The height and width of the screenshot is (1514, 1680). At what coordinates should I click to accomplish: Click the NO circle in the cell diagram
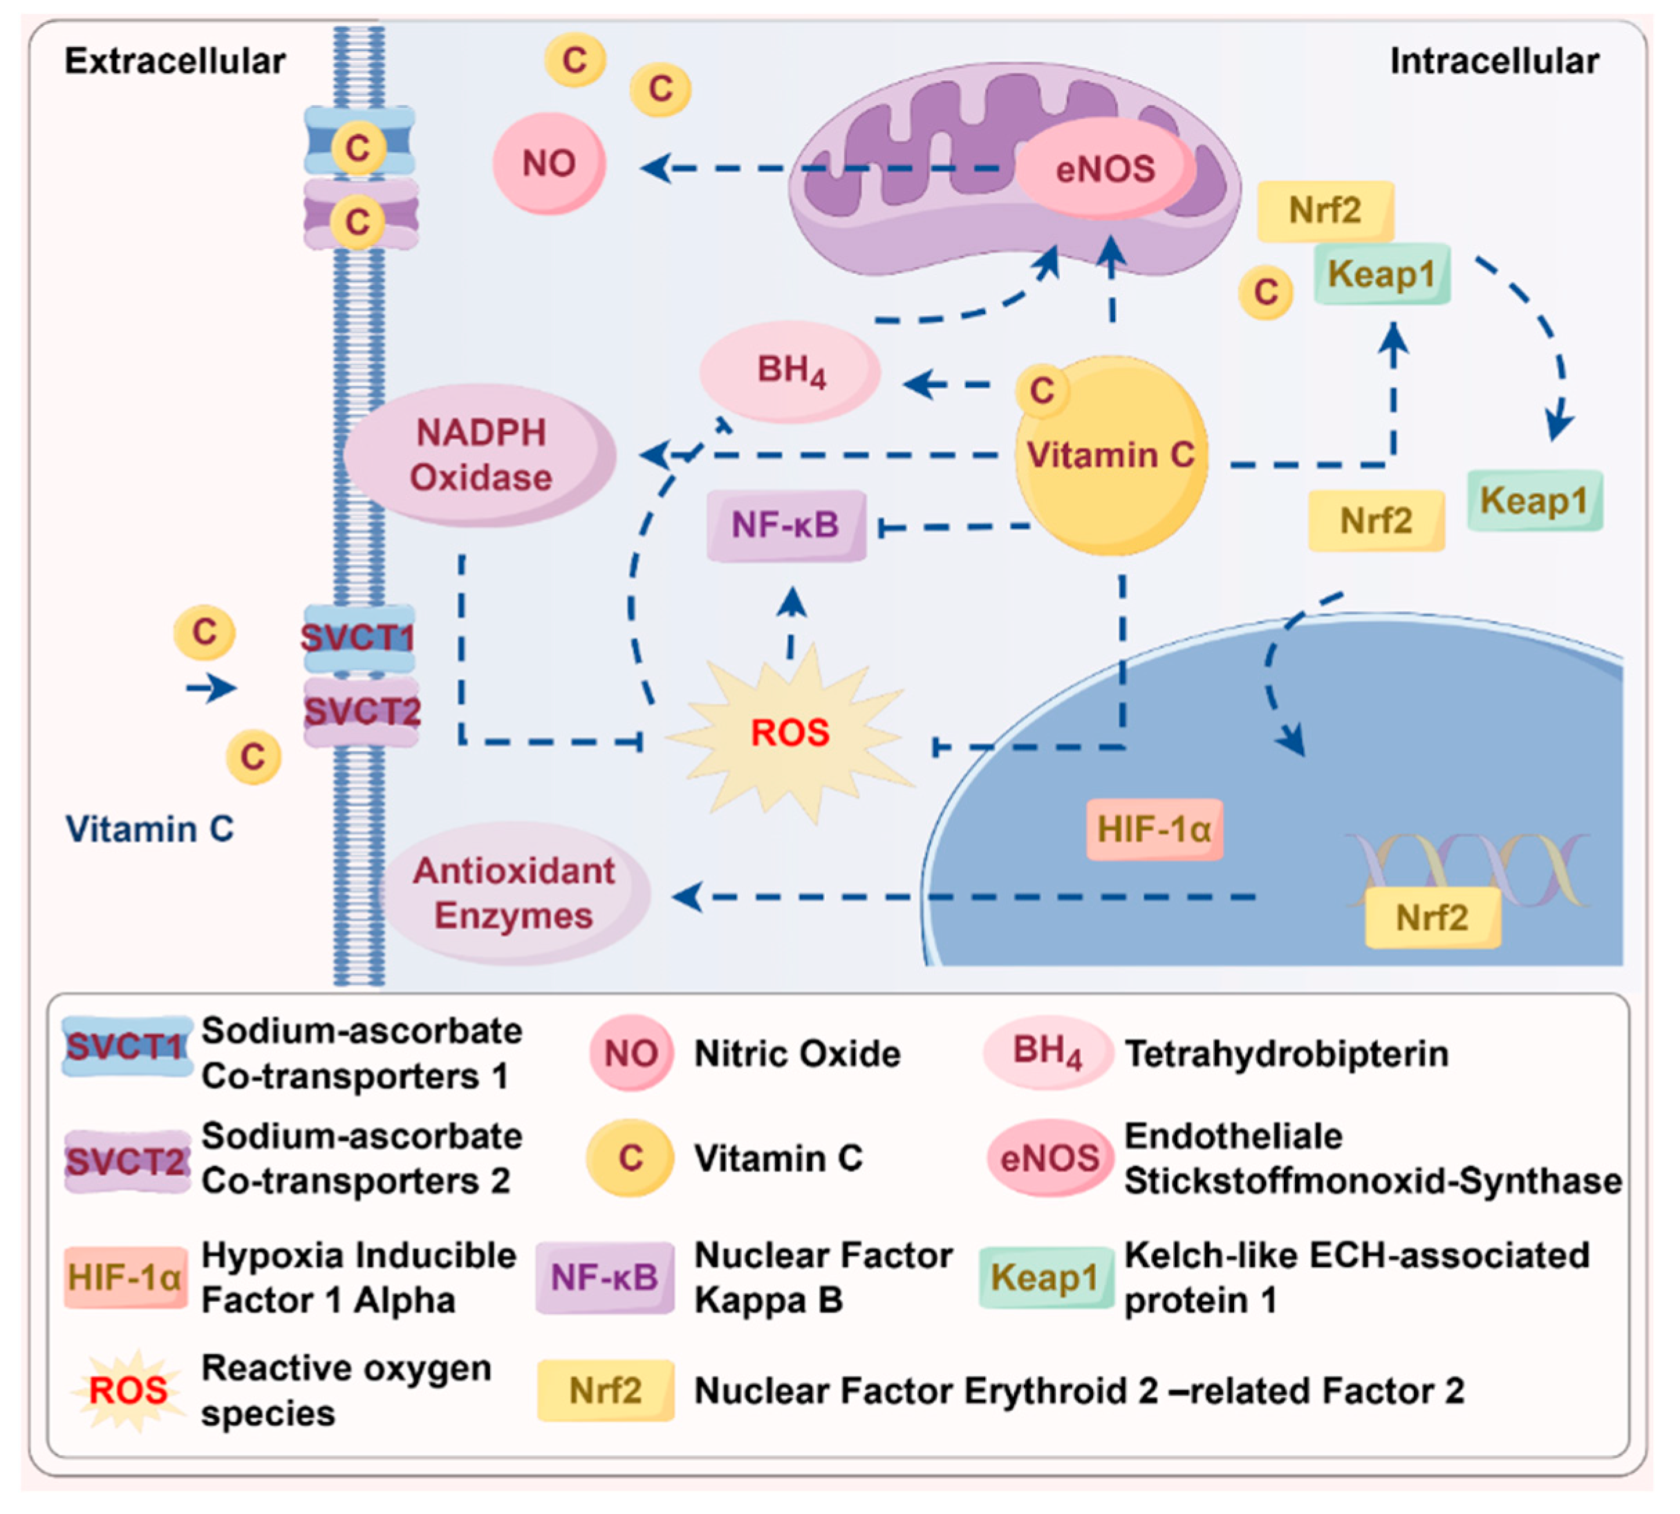(549, 163)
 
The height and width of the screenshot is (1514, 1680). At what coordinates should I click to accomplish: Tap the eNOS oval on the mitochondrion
(1105, 168)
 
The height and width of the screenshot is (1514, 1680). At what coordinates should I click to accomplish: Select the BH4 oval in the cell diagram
(790, 371)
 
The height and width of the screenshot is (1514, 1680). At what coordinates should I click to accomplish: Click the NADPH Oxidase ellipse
(480, 455)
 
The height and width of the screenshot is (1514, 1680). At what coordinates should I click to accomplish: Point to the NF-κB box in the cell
(786, 525)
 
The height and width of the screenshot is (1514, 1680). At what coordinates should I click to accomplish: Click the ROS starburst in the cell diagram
(790, 732)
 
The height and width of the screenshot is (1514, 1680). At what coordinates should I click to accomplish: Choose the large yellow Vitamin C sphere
(1111, 456)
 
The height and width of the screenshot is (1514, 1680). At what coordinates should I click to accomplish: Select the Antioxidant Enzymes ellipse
(514, 893)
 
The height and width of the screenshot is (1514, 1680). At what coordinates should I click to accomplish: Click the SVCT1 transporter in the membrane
(358, 639)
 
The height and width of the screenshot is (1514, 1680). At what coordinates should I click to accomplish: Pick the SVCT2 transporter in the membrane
(361, 712)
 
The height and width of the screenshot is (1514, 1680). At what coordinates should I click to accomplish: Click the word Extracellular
(175, 62)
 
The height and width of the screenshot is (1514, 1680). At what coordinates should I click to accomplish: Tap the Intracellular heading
(1494, 62)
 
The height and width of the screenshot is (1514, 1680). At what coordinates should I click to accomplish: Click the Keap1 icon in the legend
(1045, 1278)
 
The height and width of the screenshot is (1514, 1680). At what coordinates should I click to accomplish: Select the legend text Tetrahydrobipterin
(1286, 1054)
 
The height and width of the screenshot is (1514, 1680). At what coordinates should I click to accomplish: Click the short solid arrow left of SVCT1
(210, 688)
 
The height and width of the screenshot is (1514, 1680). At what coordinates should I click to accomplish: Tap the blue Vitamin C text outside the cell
(150, 828)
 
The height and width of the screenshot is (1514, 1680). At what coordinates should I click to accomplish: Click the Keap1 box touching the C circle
(1381, 274)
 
